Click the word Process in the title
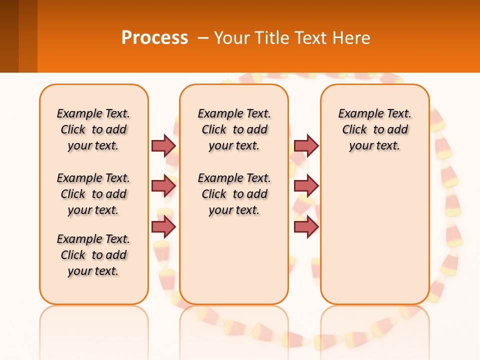pyautogui.click(x=154, y=37)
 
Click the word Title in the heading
pyautogui.click(x=270, y=37)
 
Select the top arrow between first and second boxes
pyautogui.click(x=163, y=145)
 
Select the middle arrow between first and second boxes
pyautogui.click(x=163, y=186)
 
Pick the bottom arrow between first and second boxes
pyautogui.click(x=163, y=227)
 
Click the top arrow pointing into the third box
pyautogui.click(x=306, y=145)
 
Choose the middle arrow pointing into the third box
pyautogui.click(x=306, y=186)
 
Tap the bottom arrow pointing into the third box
pyautogui.click(x=306, y=227)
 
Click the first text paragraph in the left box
pyautogui.click(x=93, y=129)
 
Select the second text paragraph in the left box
pyautogui.click(x=93, y=194)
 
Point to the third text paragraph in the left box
pyautogui.click(x=93, y=255)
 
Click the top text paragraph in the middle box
pyautogui.click(x=234, y=129)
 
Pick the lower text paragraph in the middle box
pyautogui.click(x=234, y=194)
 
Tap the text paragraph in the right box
pyautogui.click(x=374, y=129)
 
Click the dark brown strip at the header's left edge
pyautogui.click(x=9, y=36)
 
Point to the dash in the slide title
pyautogui.click(x=203, y=37)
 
